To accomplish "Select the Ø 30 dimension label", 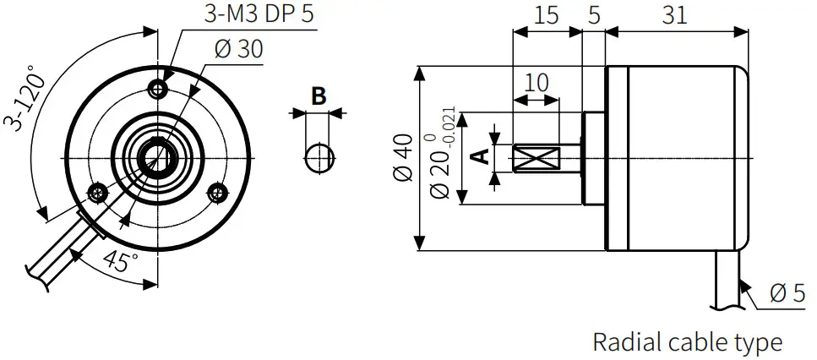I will pyautogui.click(x=238, y=49).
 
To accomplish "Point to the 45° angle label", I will pyautogui.click(x=120, y=260).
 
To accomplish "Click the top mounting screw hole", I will pyautogui.click(x=157, y=88).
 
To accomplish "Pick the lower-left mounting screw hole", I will pyautogui.click(x=98, y=193).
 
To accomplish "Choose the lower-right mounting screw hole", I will pyautogui.click(x=218, y=192).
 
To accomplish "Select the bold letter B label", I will pyautogui.click(x=318, y=95).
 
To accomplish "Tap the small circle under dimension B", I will pyautogui.click(x=318, y=157).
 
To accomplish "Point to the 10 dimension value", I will pyautogui.click(x=536, y=82).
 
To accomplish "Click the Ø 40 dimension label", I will pyautogui.click(x=402, y=157).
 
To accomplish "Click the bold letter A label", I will pyautogui.click(x=478, y=156).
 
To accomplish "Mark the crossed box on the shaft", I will pyautogui.click(x=536, y=158).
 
